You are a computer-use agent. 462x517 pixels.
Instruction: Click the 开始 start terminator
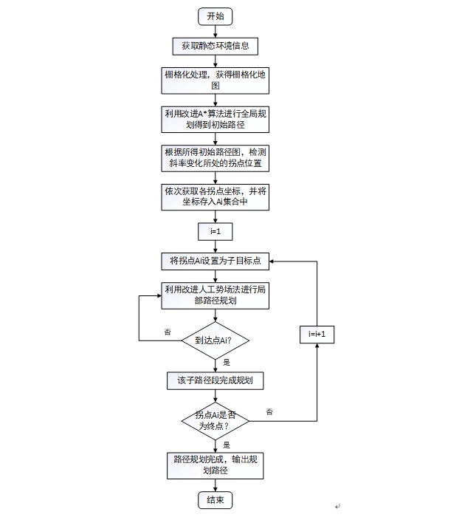216,16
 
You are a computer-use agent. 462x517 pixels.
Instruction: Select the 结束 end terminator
216,500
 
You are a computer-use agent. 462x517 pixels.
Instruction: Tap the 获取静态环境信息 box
216,46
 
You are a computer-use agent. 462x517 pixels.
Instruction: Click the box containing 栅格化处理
216,81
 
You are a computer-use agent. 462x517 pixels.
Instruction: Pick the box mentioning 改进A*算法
216,120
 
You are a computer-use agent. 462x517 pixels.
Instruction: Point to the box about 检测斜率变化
216,158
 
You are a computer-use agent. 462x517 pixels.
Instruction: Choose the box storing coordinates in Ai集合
216,197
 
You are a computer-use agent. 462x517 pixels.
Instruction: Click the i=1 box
216,231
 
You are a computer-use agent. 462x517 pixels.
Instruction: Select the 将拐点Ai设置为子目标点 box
216,261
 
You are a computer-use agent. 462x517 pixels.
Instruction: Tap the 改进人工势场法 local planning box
216,295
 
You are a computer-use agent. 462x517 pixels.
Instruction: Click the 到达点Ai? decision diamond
216,340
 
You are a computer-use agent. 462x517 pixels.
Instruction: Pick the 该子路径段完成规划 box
216,381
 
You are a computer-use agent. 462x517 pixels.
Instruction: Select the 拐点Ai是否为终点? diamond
216,421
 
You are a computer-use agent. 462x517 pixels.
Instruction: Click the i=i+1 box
317,335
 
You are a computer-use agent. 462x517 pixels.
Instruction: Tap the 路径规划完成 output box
216,465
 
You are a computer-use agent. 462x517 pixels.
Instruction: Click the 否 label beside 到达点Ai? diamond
168,332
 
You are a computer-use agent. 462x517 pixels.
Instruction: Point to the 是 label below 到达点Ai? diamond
227,363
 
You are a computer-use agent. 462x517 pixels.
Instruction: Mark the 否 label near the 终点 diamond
269,412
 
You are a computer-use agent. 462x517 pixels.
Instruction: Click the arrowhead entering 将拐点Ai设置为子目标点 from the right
272,261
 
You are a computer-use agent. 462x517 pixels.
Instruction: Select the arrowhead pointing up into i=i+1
317,346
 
